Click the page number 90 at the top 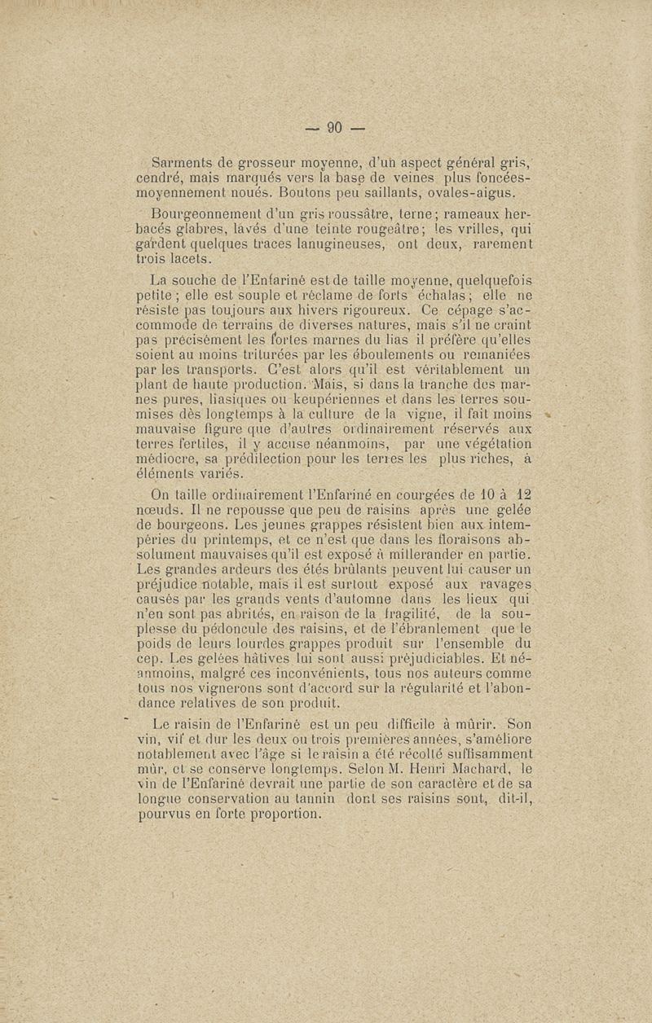(x=334, y=127)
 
